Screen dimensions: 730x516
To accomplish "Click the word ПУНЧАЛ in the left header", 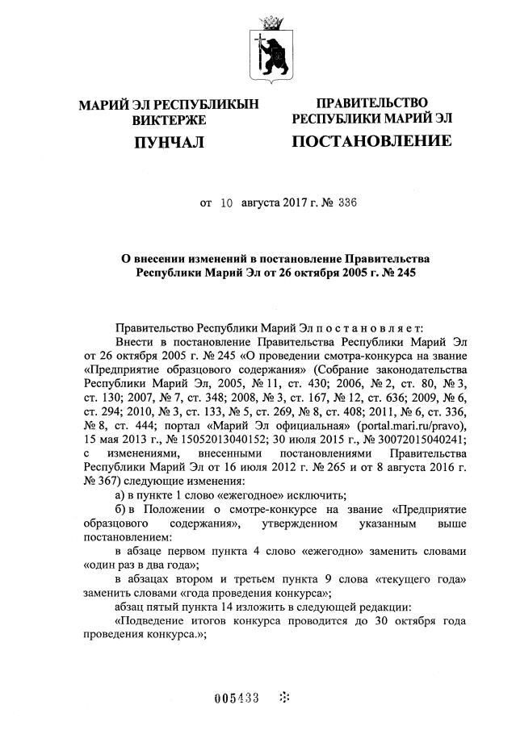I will tap(168, 144).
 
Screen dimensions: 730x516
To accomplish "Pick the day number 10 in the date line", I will tap(227, 204).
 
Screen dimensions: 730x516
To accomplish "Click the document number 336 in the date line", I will tap(342, 204).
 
